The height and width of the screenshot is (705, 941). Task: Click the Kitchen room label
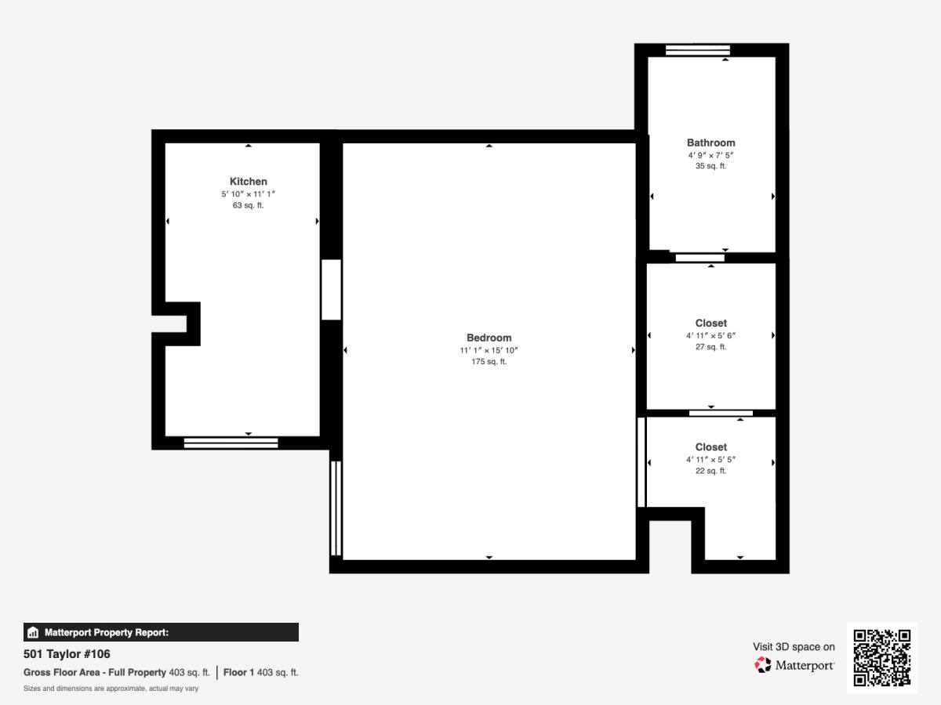[249, 182]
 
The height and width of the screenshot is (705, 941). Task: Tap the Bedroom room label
[489, 338]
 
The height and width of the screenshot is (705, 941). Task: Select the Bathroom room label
[710, 143]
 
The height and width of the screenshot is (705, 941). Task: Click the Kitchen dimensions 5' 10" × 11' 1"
[249, 194]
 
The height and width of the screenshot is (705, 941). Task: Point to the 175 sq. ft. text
[489, 362]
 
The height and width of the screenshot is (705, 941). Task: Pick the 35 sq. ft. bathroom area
[710, 166]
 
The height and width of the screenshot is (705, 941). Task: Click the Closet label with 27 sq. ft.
[710, 324]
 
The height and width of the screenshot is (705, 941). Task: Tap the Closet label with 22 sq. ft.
[710, 446]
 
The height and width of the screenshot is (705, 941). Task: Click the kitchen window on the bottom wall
[231, 443]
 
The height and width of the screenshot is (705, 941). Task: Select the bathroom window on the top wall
[698, 50]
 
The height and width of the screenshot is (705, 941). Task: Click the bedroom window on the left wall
[336, 508]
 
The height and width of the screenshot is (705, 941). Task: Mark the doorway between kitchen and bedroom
[332, 289]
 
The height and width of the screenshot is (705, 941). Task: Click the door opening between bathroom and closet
[700, 258]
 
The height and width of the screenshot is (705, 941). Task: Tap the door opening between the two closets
[721, 413]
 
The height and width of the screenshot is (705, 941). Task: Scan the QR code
[882, 657]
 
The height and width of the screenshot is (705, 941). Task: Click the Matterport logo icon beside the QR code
[763, 665]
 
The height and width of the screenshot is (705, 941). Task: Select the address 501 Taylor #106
[67, 654]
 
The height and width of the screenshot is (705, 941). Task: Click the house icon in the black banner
[33, 632]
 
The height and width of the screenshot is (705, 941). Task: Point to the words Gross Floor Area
[62, 672]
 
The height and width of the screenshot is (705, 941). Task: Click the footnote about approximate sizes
[111, 689]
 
